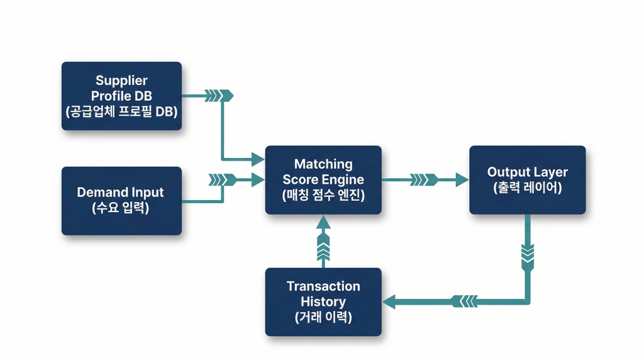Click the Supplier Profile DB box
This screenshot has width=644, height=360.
pos(121,96)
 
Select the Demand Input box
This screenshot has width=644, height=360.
pos(121,201)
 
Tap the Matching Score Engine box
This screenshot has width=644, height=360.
pos(323,179)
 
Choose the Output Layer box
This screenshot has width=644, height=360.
pos(527,179)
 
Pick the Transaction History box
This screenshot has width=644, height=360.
pos(323,301)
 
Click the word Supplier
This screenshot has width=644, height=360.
pos(121,81)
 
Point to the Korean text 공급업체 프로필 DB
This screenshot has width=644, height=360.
pos(121,112)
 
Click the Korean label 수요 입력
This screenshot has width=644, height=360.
pos(121,208)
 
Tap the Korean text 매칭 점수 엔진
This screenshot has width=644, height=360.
pos(323,195)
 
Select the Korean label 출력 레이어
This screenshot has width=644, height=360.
pos(527,188)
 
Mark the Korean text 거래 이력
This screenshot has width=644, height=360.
pos(323,317)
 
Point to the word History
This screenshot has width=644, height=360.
pos(323,301)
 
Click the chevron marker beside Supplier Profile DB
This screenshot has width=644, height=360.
pos(220,96)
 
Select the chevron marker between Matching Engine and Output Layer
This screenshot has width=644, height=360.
pos(424,180)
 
